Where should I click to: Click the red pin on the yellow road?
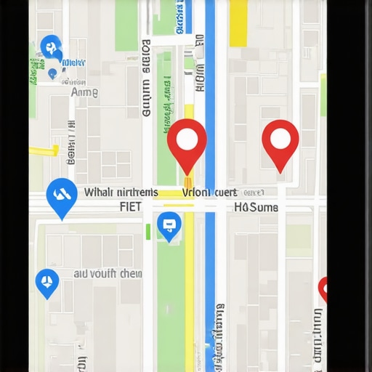coord(187,142)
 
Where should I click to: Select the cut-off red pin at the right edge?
coord(323,289)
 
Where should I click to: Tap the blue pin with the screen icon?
coord(169,225)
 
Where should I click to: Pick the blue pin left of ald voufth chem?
coord(47,282)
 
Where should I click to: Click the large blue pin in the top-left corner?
coord(51,48)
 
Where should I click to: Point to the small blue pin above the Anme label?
coord(52,73)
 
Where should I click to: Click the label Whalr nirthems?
coord(121,193)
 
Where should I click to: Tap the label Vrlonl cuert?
coord(209,193)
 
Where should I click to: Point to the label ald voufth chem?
coord(108,274)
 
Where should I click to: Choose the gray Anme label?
coord(84,92)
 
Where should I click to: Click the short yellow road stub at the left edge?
coord(44,150)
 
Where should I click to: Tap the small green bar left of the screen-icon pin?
coord(148,231)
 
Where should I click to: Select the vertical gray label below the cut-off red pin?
coord(318,334)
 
